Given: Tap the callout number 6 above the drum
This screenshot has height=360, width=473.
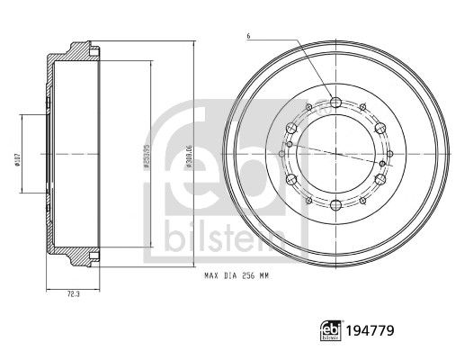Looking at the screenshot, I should pos(247,36).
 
